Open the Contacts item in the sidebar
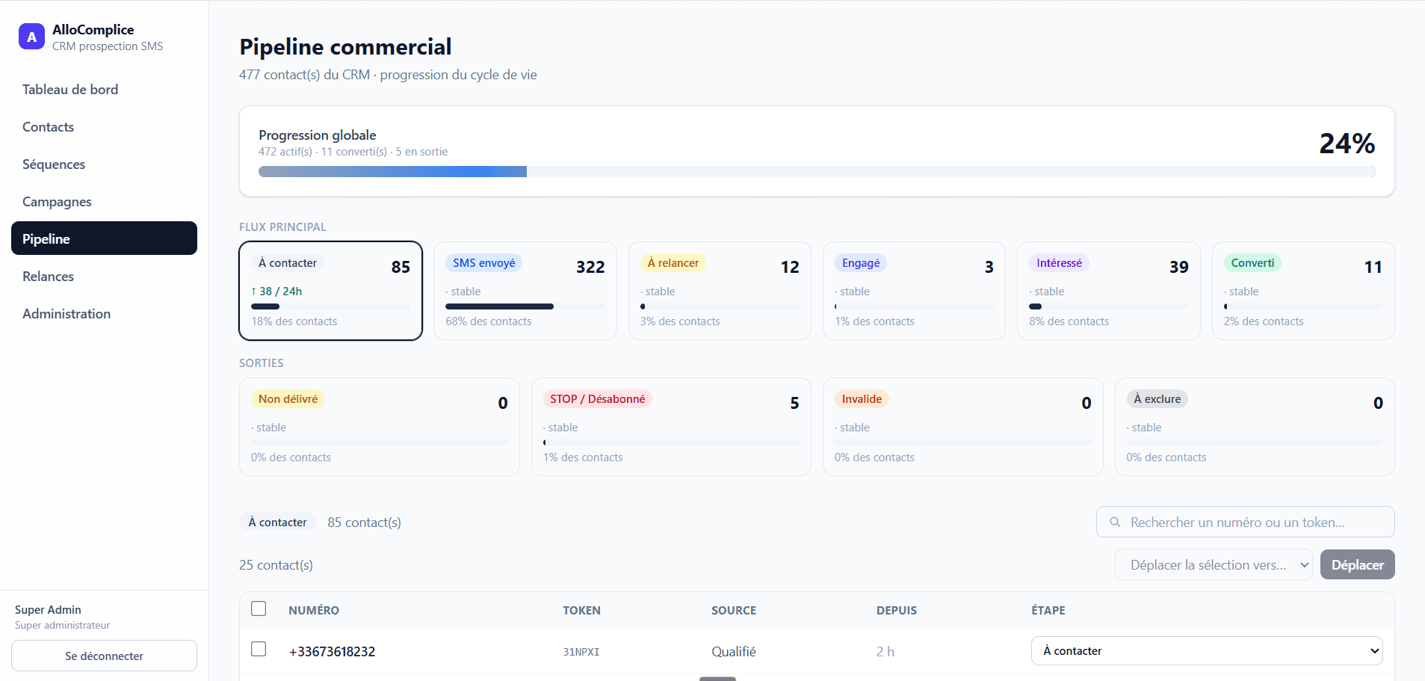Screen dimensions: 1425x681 (49, 127)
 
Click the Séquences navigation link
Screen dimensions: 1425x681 (54, 164)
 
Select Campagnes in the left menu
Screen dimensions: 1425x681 (57, 202)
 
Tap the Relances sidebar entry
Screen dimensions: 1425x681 (48, 277)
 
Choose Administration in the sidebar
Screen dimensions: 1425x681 (67, 314)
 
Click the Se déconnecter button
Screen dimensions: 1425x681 (104, 656)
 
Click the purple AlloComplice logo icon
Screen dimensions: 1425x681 (31, 37)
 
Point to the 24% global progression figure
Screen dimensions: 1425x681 (1347, 144)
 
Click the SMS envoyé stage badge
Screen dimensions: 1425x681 (483, 263)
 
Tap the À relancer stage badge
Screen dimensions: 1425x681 (673, 263)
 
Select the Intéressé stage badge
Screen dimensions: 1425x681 (1059, 263)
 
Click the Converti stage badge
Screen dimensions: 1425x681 (1252, 263)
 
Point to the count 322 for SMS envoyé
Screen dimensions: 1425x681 (590, 267)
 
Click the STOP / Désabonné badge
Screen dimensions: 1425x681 (597, 399)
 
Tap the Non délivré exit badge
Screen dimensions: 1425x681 (288, 399)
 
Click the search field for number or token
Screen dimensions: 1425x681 (1245, 522)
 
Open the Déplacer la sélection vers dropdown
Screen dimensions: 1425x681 (1214, 565)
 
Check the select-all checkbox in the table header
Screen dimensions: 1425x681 (259, 608)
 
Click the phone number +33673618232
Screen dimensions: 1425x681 (332, 652)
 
